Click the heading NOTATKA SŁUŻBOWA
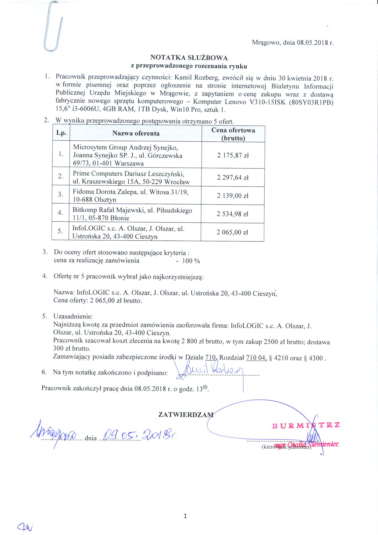(x=189, y=58)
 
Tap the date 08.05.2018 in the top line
(x=310, y=43)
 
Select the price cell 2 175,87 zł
(x=233, y=155)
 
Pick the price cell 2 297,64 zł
(x=233, y=178)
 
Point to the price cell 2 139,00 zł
(x=233, y=196)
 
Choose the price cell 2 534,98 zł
(x=233, y=214)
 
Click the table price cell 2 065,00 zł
(x=233, y=232)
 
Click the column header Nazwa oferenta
(x=136, y=133)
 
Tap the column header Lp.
(x=61, y=133)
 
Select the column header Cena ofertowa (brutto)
(x=233, y=134)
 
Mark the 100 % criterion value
(x=191, y=261)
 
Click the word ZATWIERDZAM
(x=186, y=414)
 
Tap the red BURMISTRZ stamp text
(x=306, y=425)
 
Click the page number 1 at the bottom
(x=185, y=516)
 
